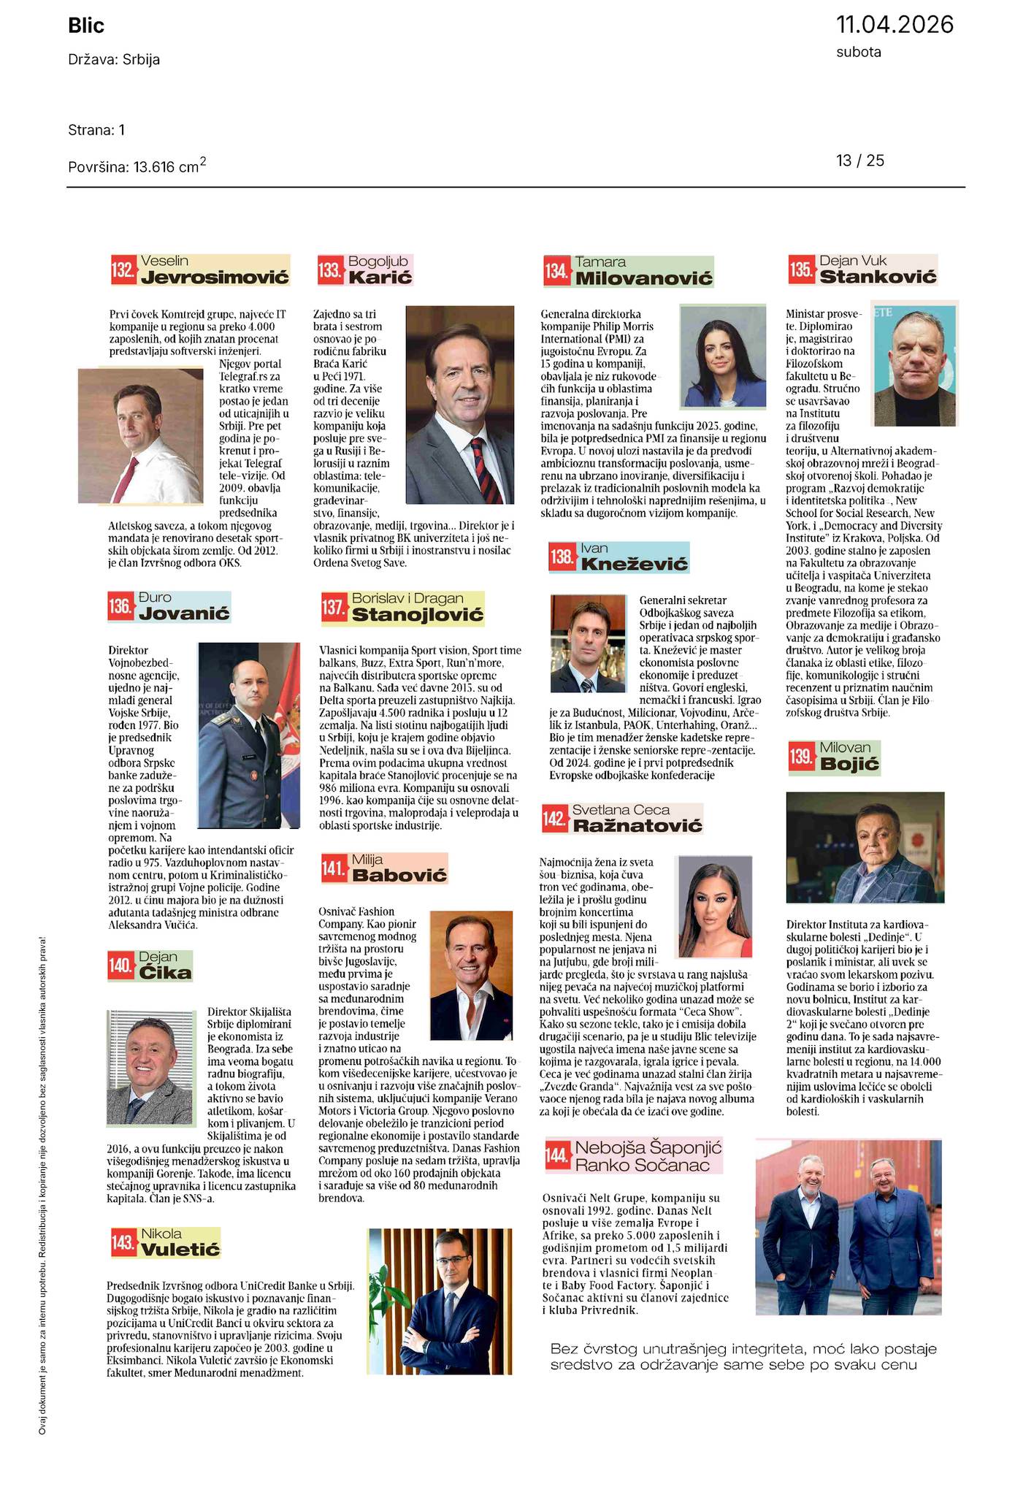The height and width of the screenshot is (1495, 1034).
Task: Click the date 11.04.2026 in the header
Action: pyautogui.click(x=895, y=25)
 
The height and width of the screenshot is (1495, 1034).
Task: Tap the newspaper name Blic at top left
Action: pyautogui.click(x=86, y=26)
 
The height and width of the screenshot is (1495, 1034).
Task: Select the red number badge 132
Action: pyautogui.click(x=123, y=271)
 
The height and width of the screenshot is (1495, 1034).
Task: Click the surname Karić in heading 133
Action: pyautogui.click(x=380, y=278)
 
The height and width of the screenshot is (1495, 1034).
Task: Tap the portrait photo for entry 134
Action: pyautogui.click(x=723, y=365)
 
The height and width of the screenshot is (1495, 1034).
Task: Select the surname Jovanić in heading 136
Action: pyautogui.click(x=184, y=613)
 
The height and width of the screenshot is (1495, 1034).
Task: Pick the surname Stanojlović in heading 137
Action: pyautogui.click(x=418, y=615)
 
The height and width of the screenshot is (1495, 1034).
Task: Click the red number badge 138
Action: pyautogui.click(x=562, y=558)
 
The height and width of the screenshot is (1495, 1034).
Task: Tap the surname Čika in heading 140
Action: pyautogui.click(x=165, y=973)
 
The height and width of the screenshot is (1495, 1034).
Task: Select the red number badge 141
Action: pyautogui.click(x=334, y=869)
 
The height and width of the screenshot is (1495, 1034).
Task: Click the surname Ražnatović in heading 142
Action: pyautogui.click(x=637, y=826)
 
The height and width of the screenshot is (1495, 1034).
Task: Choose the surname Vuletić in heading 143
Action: pyautogui.click(x=180, y=1250)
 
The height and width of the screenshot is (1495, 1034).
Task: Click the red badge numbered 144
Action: pyautogui.click(x=557, y=1155)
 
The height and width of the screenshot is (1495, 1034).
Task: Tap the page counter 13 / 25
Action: pyautogui.click(x=860, y=161)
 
